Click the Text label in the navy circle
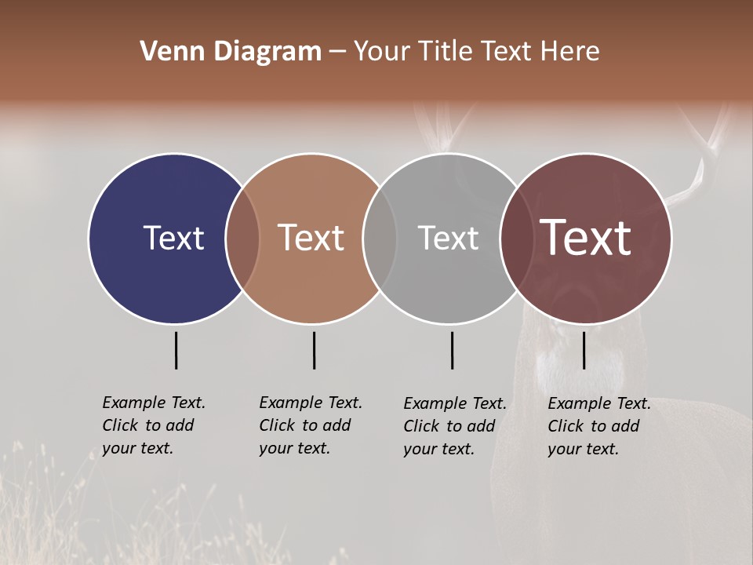point(173,238)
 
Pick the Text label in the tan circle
point(311,238)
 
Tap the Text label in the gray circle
point(448,238)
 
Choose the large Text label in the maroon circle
point(586,238)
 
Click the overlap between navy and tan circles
point(242,238)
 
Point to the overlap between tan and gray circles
point(380,238)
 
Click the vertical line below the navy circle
point(176,350)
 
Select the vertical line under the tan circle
point(314,350)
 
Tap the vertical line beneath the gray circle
point(452,350)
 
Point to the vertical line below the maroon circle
point(584,350)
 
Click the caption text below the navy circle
point(154,425)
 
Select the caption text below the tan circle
point(311,425)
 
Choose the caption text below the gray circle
point(455,426)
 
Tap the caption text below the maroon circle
point(599,426)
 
